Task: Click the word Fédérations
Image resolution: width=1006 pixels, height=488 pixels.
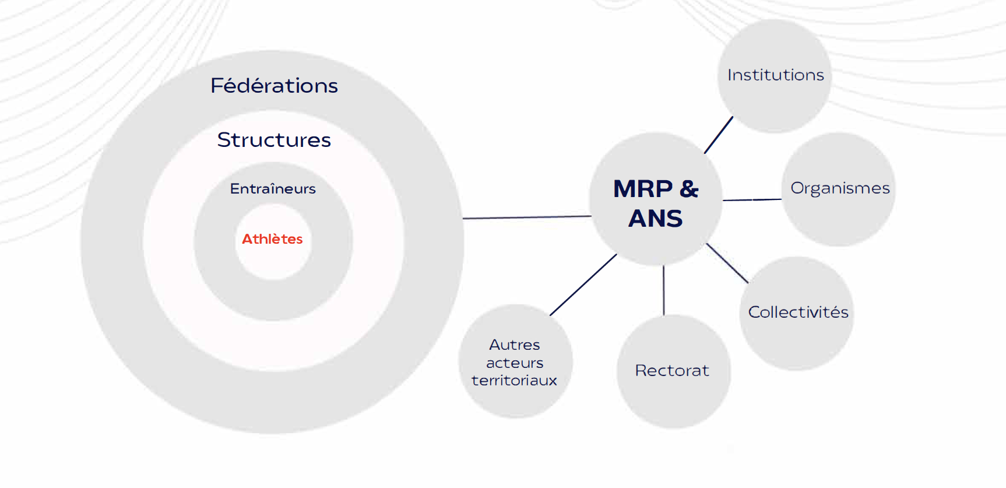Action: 274,86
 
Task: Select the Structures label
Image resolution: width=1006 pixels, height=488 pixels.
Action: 274,140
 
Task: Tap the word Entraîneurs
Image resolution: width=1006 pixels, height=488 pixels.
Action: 273,189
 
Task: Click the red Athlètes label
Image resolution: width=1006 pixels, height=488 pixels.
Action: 272,239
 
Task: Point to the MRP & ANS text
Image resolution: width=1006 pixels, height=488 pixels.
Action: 656,203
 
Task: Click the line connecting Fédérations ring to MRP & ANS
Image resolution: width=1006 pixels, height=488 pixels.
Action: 527,217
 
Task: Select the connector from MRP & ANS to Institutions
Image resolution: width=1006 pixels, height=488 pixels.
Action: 719,135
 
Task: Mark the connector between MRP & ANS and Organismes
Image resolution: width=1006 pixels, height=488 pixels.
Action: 752,199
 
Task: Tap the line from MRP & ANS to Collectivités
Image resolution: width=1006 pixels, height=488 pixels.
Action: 727,264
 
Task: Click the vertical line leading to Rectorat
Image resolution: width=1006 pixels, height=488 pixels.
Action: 663,290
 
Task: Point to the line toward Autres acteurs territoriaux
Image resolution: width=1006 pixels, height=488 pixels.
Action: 583,285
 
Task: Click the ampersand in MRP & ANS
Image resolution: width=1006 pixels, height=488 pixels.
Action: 689,189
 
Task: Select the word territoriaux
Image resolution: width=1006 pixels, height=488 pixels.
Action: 514,381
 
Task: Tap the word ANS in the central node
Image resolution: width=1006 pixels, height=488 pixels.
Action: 656,219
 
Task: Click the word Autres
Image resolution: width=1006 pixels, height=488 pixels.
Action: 515,345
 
